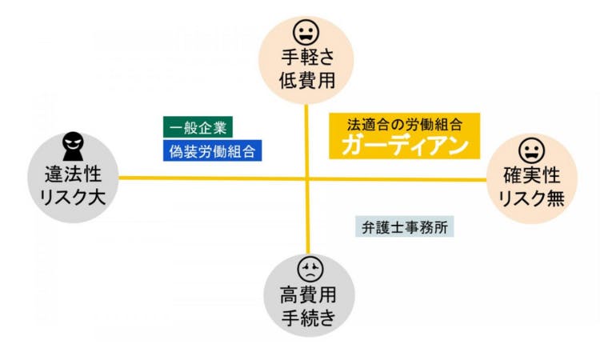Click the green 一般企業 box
(x=198, y=127)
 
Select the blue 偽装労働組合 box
(x=212, y=150)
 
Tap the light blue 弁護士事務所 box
(x=405, y=227)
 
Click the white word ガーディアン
(x=405, y=146)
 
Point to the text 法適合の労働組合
(x=405, y=124)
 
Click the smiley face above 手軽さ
(x=306, y=33)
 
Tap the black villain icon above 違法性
(x=73, y=146)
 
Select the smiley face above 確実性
(x=531, y=150)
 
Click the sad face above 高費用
(x=310, y=269)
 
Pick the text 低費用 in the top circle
(x=307, y=81)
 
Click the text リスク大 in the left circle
(x=73, y=198)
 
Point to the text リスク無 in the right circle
(x=532, y=198)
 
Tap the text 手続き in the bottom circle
(x=309, y=318)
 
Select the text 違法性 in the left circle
(x=73, y=174)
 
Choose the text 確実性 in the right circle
(x=531, y=176)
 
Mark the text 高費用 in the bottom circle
(x=308, y=295)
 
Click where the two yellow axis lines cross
(x=307, y=178)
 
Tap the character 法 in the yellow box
(x=354, y=124)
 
